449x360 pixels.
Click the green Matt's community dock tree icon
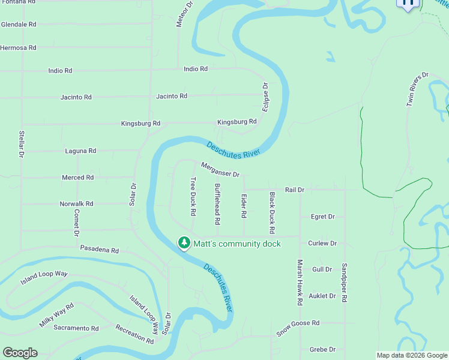click(184, 243)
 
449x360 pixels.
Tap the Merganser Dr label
click(220, 170)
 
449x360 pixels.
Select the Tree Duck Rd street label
click(193, 197)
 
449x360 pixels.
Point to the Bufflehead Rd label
click(217, 200)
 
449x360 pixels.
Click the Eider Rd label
click(244, 206)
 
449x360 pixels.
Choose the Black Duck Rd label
click(272, 213)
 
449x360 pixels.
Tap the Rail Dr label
click(295, 190)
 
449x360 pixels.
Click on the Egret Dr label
click(323, 217)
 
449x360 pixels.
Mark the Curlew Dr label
click(322, 244)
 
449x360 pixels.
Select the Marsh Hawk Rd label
click(299, 283)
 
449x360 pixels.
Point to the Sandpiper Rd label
click(344, 283)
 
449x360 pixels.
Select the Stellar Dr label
click(21, 145)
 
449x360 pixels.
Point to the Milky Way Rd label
click(56, 315)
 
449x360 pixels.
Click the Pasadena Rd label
click(100, 250)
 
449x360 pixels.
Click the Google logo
click(20, 353)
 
